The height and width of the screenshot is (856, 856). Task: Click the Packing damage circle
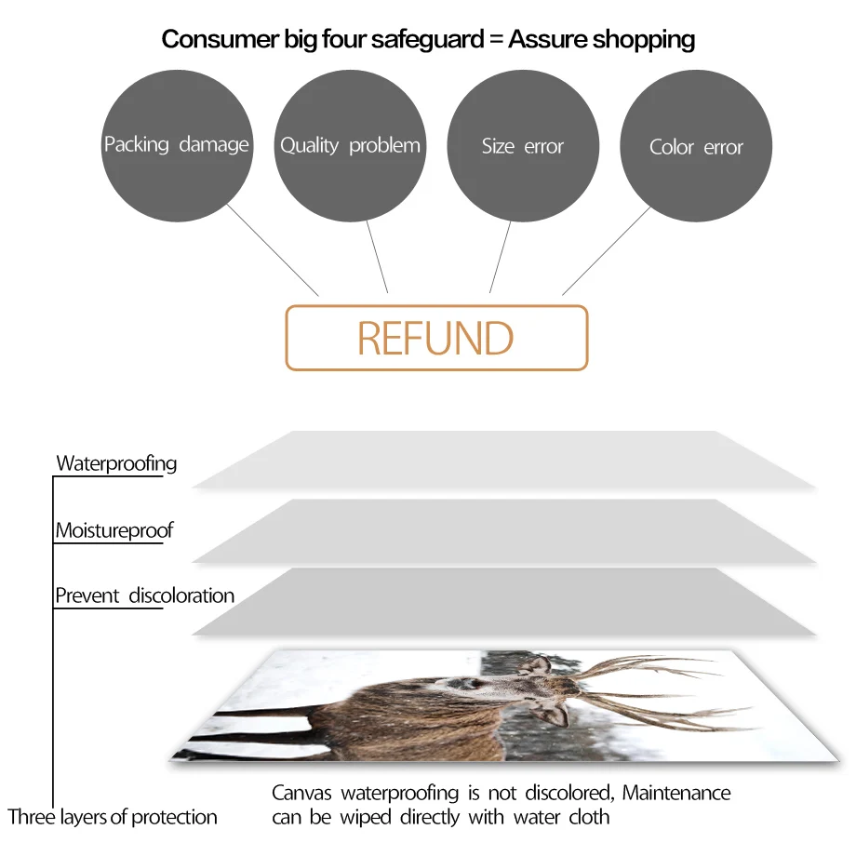pyautogui.click(x=177, y=146)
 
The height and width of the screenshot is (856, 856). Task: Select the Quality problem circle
pyautogui.click(x=350, y=146)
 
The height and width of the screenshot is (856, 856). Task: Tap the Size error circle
pyautogui.click(x=523, y=146)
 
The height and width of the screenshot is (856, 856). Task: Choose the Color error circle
pyautogui.click(x=696, y=146)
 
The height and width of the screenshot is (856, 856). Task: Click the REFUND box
pyautogui.click(x=436, y=338)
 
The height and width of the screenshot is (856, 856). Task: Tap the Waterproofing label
pyautogui.click(x=116, y=463)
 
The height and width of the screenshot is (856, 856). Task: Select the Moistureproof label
pyautogui.click(x=114, y=531)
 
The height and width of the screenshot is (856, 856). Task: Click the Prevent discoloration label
pyautogui.click(x=144, y=595)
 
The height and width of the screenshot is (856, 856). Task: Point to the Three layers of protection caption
pyautogui.click(x=113, y=817)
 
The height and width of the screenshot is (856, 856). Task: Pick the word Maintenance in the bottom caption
pyautogui.click(x=676, y=794)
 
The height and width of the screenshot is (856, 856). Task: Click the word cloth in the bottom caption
pyautogui.click(x=588, y=818)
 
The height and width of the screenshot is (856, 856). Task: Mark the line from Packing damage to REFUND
pyautogui.click(x=273, y=249)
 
